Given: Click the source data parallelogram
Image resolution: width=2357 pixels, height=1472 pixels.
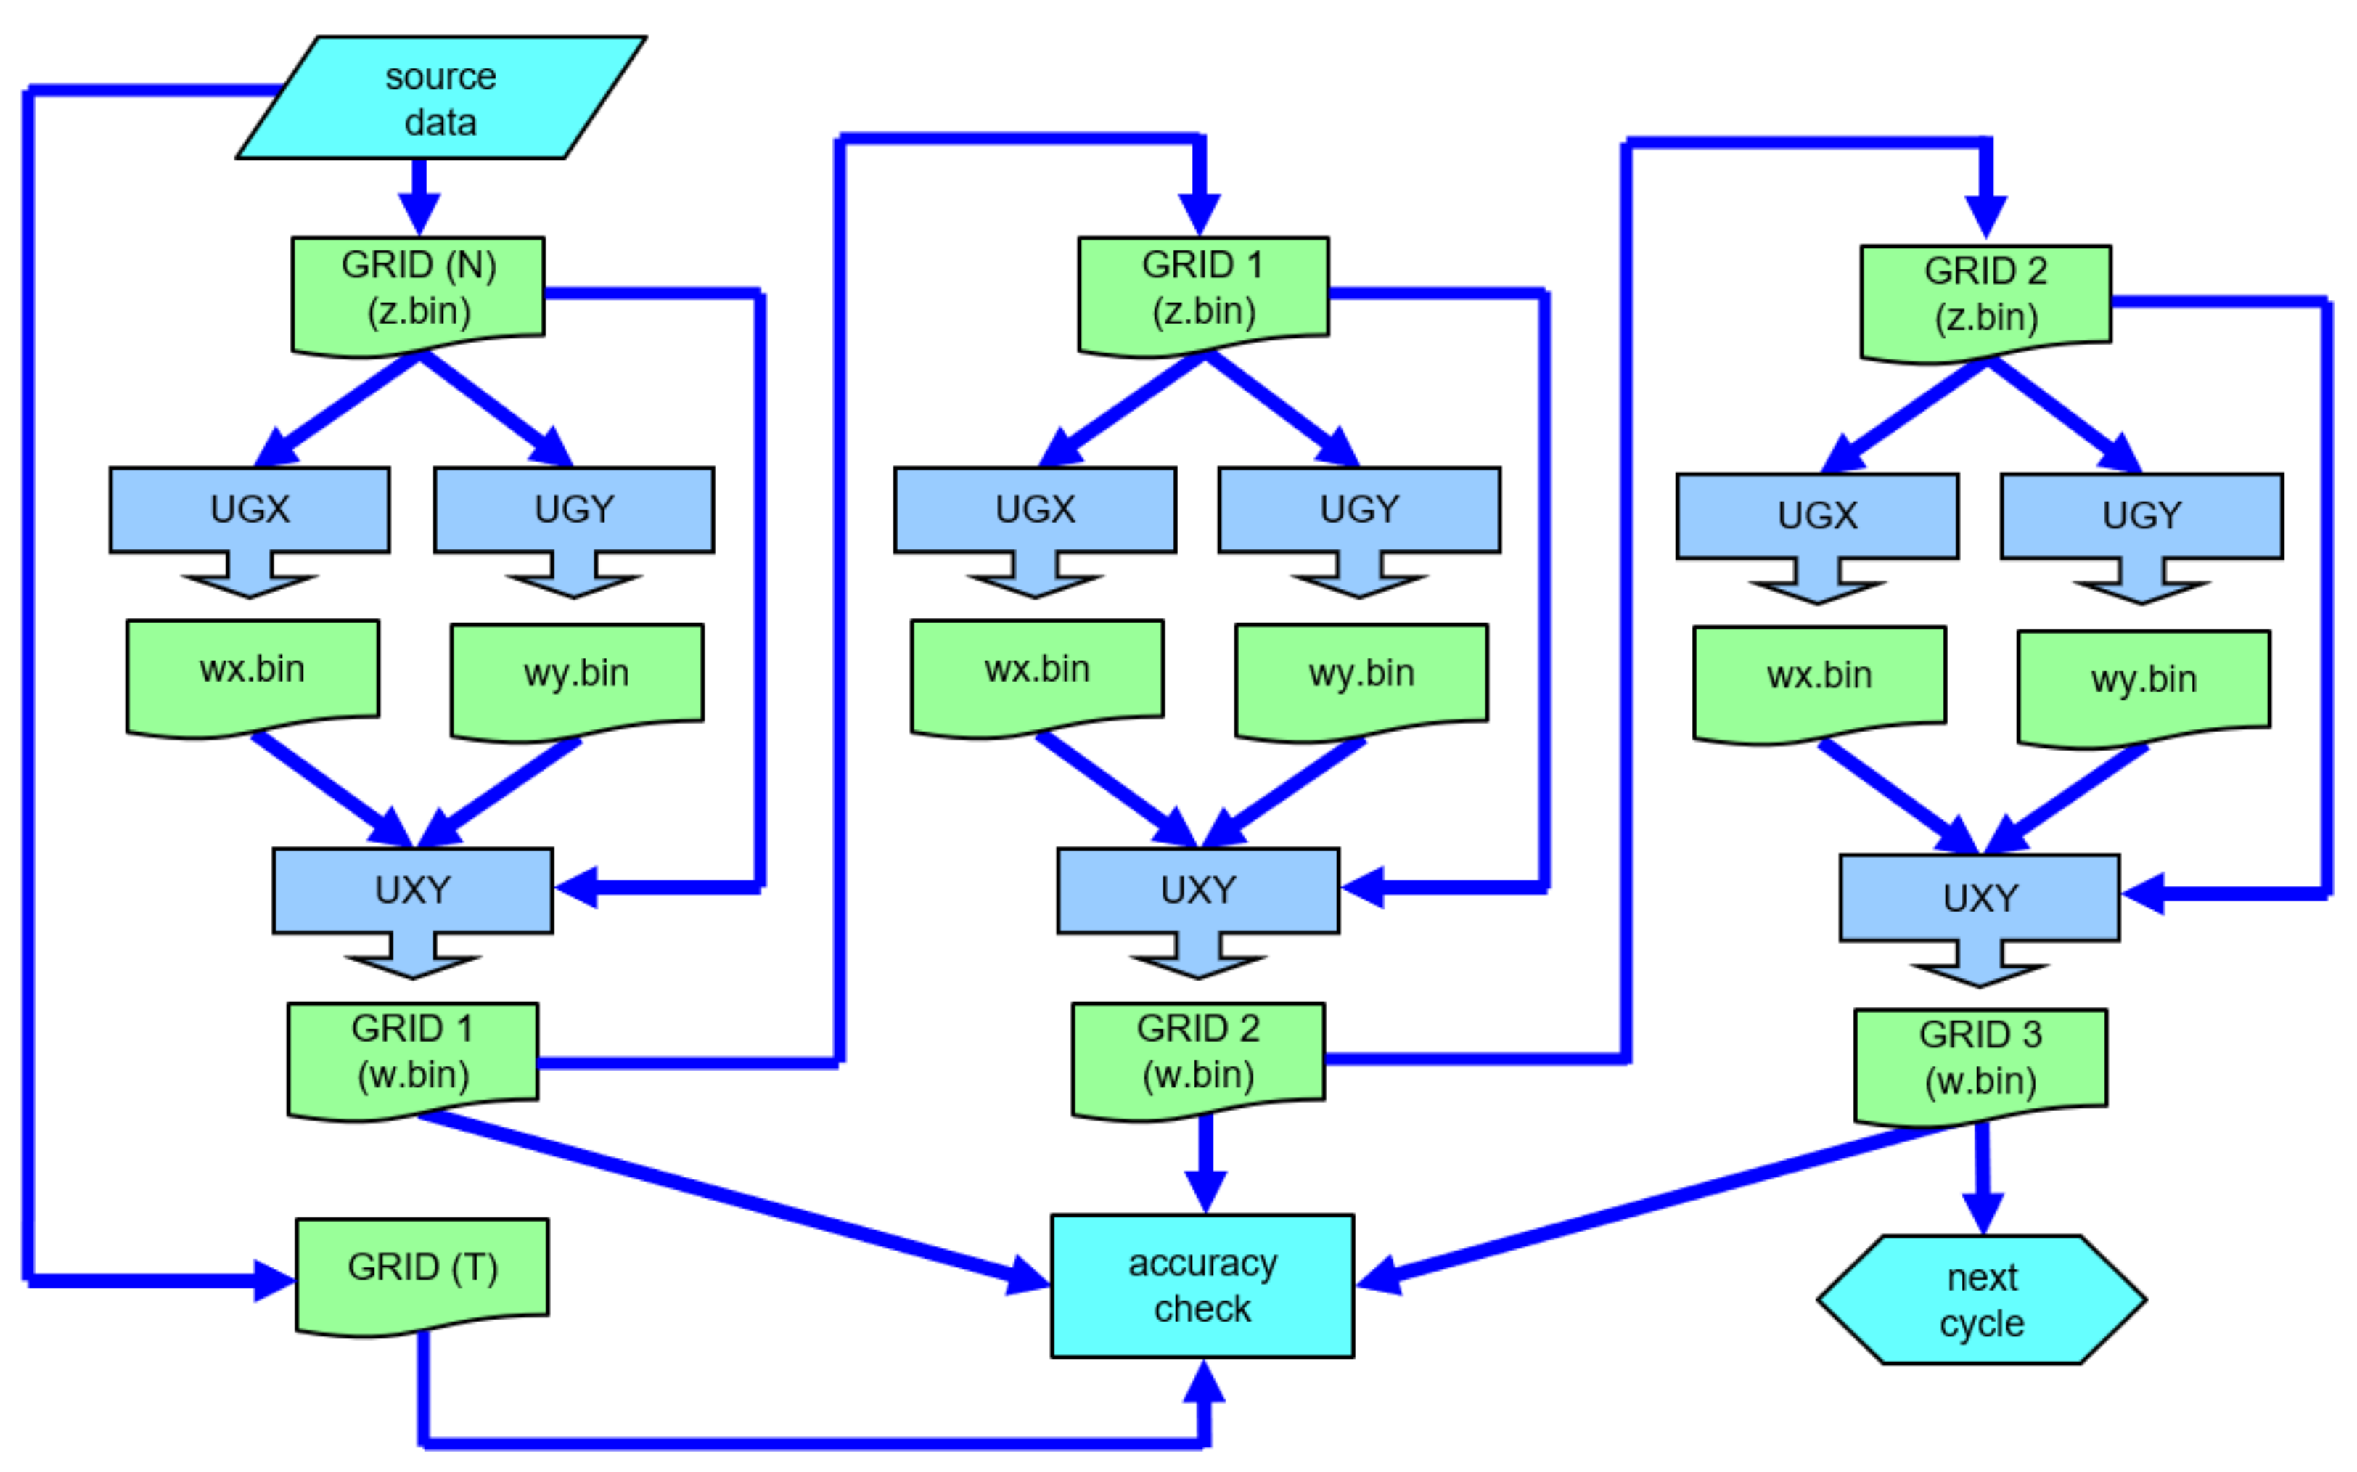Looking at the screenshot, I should click(440, 97).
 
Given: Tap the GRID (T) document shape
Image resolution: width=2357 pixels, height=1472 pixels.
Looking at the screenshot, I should click(422, 1269).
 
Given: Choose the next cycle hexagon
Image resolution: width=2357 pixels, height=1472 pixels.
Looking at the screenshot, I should click(1981, 1301).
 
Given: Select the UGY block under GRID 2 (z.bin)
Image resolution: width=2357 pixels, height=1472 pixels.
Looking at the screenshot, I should click(2141, 517).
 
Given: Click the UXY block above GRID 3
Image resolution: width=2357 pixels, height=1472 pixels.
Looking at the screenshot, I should click(1980, 899).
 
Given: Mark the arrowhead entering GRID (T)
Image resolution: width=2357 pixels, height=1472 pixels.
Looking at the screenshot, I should click(274, 1280).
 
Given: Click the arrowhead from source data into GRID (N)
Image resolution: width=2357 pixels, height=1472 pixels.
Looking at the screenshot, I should click(419, 213).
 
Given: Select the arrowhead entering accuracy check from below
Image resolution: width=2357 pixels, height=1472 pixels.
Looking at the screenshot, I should click(1204, 1381).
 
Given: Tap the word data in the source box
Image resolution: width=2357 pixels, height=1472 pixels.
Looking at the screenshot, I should click(440, 123).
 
